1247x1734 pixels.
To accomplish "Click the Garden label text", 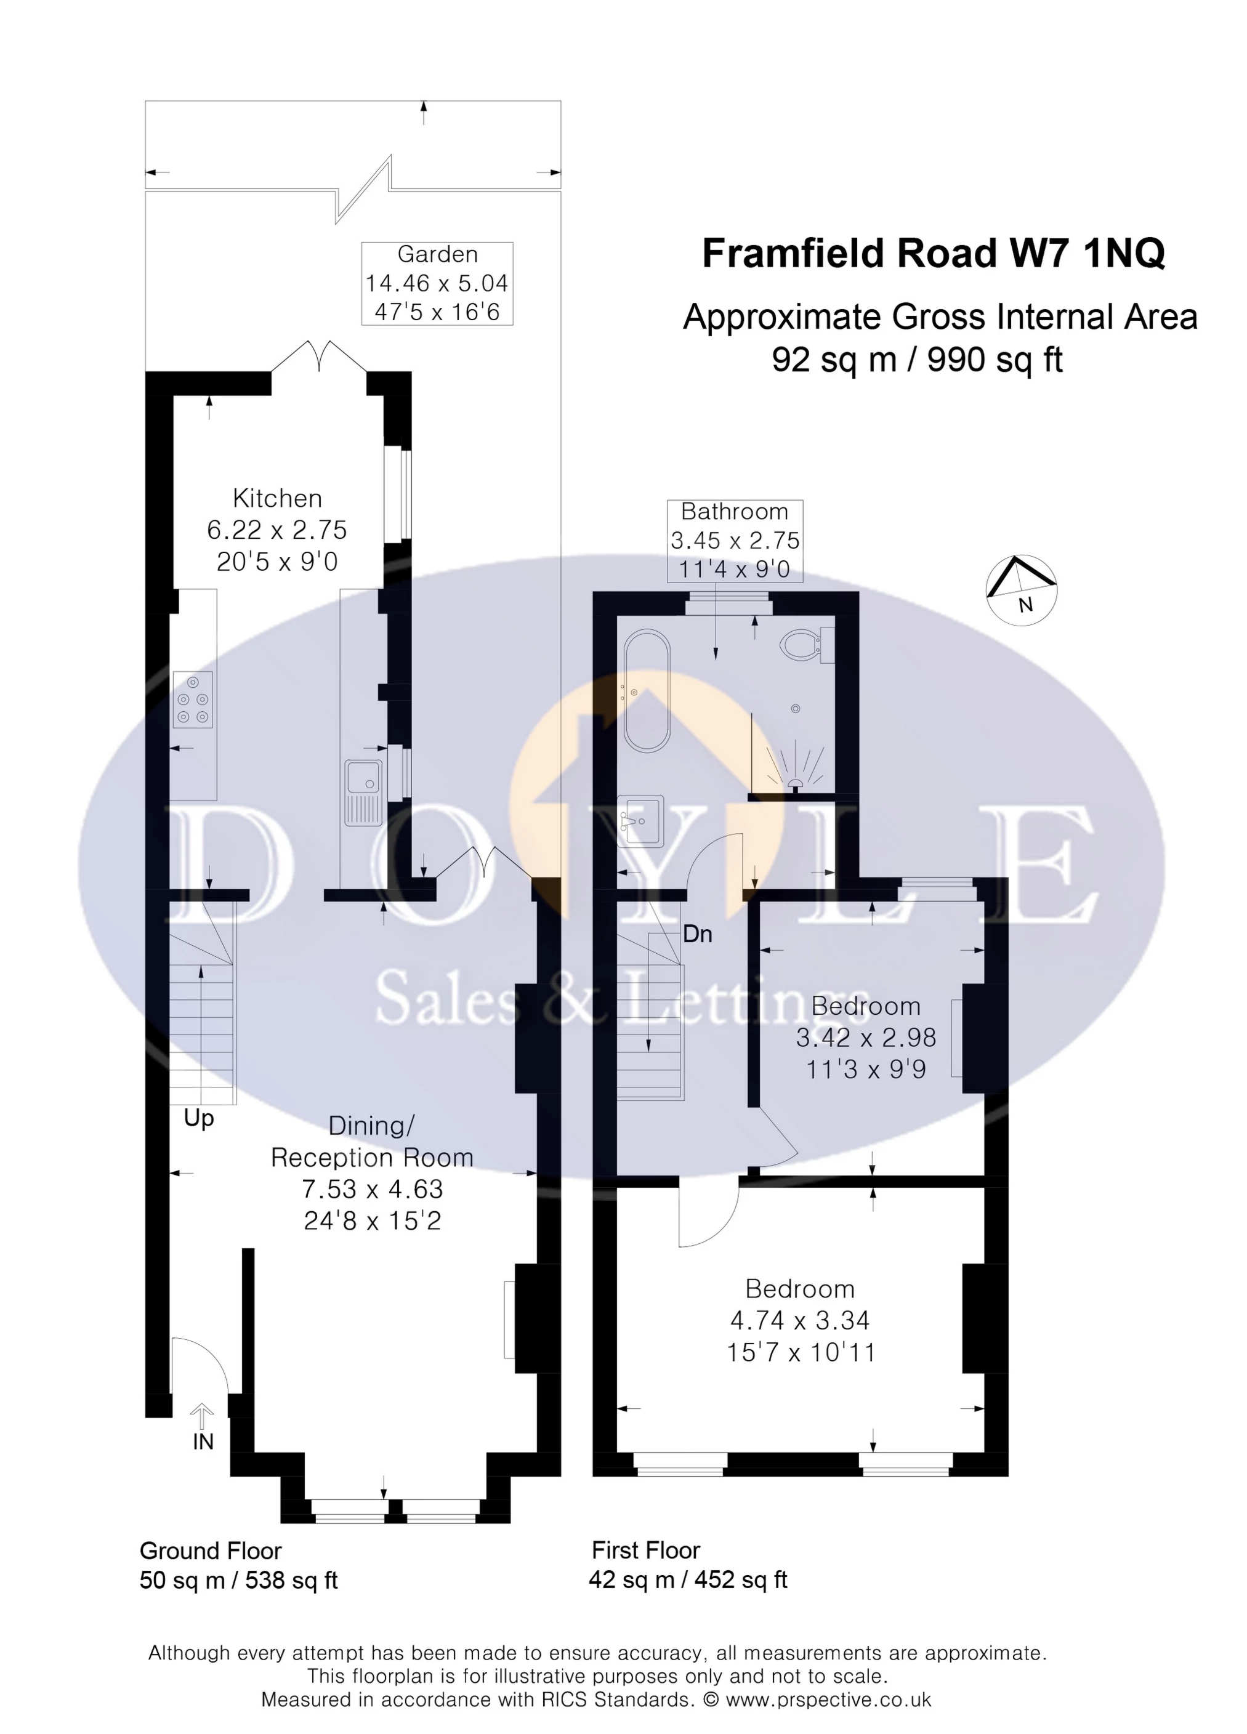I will [437, 254].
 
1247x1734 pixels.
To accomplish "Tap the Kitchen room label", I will [276, 499].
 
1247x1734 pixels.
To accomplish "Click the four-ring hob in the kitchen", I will [193, 699].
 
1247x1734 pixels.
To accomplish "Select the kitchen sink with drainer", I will [363, 792].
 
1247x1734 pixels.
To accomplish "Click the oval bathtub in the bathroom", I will [647, 691].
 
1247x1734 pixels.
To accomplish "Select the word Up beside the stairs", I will [199, 1118].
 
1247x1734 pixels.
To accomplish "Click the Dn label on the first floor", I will [697, 934].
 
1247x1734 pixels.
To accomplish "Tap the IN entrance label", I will [203, 1442].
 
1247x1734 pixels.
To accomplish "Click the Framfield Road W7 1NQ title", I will [933, 254].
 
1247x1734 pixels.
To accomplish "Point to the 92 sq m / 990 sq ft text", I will [917, 360].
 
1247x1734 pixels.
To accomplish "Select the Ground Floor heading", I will [210, 1551].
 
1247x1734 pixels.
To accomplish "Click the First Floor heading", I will [645, 1550].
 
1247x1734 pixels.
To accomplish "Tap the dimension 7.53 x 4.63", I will [373, 1189].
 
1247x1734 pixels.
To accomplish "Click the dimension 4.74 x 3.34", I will [800, 1320].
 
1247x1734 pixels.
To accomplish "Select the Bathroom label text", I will [734, 512].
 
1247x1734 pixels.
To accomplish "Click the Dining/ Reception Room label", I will [373, 1142].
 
